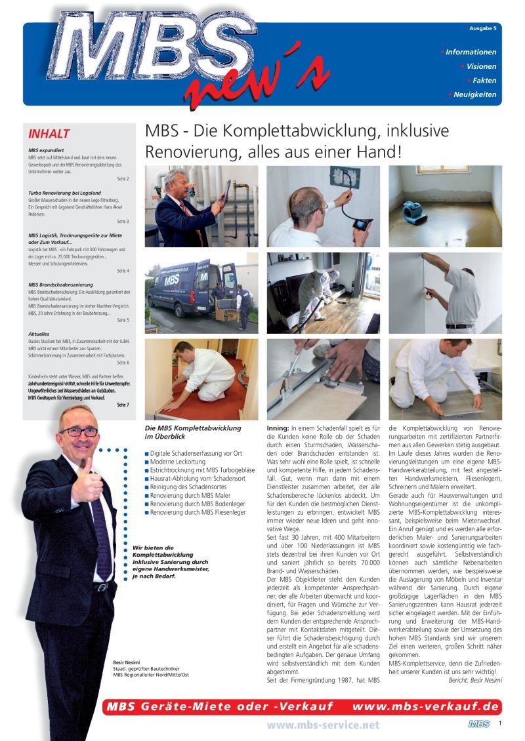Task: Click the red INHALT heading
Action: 49,134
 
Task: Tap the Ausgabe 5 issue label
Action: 482,29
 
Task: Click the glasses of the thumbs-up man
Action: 78,431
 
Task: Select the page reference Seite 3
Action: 123,222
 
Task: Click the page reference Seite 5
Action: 123,320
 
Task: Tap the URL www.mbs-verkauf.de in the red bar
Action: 426,706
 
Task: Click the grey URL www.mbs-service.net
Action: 323,725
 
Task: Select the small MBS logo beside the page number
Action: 478,724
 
